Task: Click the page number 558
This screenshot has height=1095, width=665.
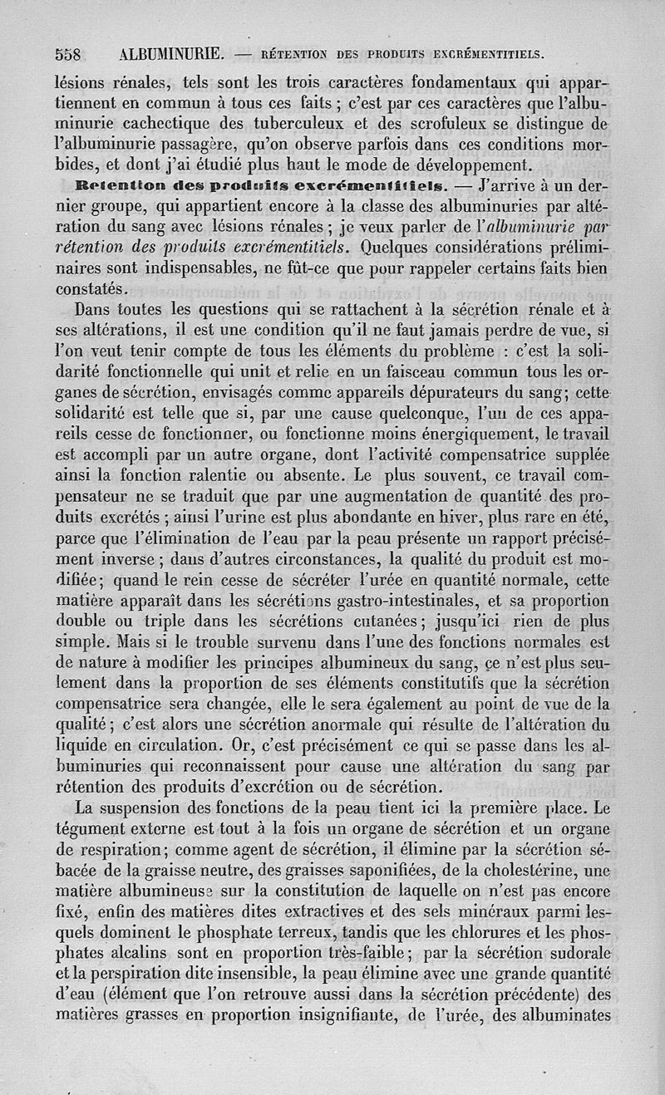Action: (x=66, y=56)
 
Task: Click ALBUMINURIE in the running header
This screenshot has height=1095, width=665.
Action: (x=170, y=56)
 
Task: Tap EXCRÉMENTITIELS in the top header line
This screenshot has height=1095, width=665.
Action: (x=484, y=56)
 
